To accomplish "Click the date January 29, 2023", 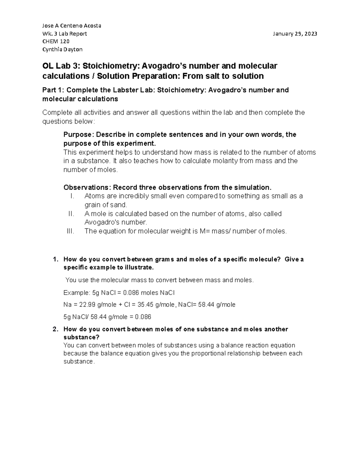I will pos(295,34).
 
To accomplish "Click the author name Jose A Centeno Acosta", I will pos(72,26).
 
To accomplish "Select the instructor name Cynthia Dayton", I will pos(62,49).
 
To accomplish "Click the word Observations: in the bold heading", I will pos(87,188).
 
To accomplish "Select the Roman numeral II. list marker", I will pos(71,214).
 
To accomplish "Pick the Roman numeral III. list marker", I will pos(70,231).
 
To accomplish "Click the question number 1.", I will pos(55,259).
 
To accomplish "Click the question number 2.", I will pos(55,329).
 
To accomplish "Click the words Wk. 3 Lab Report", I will pos(64,34).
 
